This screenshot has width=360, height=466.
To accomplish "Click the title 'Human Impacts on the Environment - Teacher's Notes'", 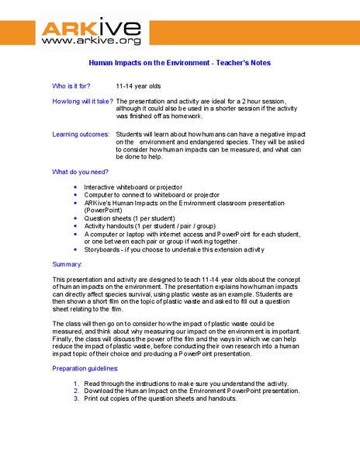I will coord(180,63).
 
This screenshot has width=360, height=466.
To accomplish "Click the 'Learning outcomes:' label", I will coord(81,134).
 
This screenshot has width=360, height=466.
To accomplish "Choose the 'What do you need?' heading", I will coord(81,172).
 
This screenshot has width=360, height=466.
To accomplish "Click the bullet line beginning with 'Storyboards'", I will coord(175,250).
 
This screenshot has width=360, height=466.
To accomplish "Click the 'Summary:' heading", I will coord(67,266).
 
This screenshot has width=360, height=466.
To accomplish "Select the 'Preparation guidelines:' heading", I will coord(85,368).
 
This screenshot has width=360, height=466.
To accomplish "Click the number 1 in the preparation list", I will coord(76,384).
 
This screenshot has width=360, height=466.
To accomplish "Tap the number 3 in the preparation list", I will coord(76,399).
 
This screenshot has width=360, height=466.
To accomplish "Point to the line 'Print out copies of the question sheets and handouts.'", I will coord(161,399).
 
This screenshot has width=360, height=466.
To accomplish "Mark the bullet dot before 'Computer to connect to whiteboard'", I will coord(74,196).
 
